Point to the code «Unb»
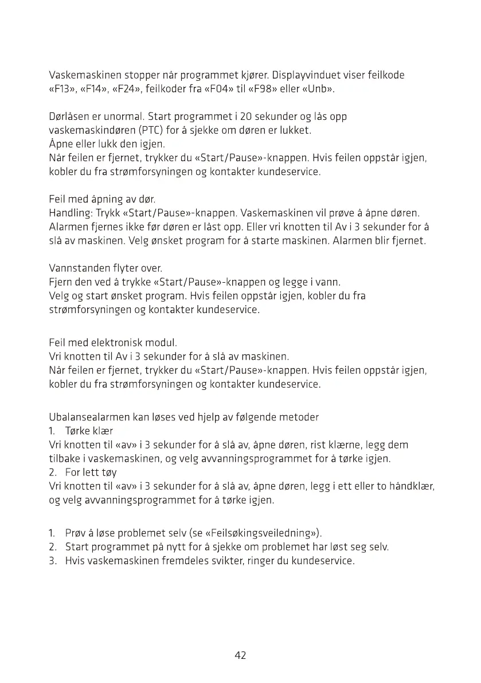pyautogui.click(x=318, y=89)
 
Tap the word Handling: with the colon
pyautogui.click(x=71, y=213)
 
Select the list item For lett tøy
pyautogui.click(x=91, y=473)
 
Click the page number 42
pyautogui.click(x=240, y=655)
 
